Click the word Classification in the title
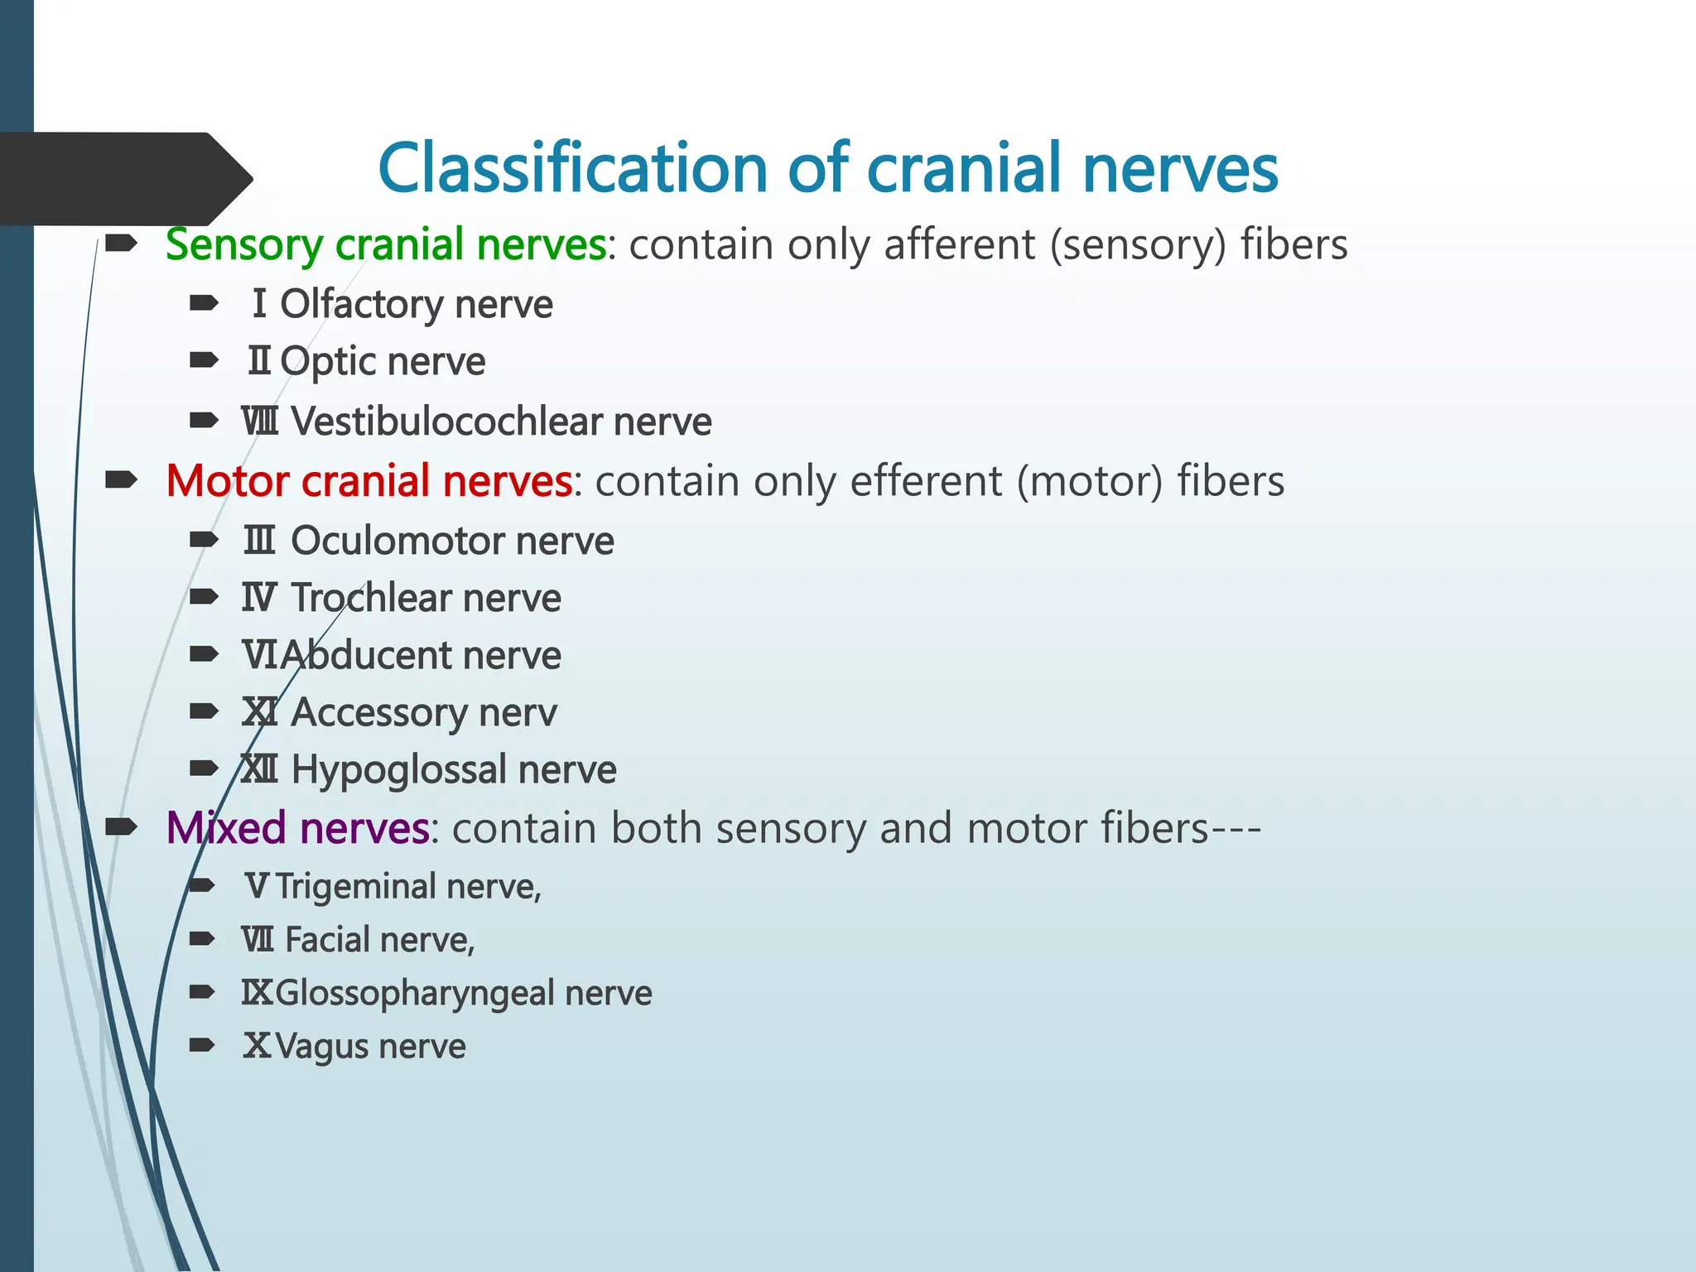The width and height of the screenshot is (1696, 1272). pos(571,168)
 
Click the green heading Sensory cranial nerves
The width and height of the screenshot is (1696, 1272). pos(386,244)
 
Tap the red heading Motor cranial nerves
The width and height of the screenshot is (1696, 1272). pos(369,481)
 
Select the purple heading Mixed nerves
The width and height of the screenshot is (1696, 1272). pos(297,827)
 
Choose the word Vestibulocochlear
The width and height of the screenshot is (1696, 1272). pos(446,422)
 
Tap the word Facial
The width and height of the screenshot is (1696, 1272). pos(327,940)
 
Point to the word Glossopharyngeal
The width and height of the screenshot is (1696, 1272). pos(414,993)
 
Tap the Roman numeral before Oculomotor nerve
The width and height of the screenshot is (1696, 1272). pos(259,541)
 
